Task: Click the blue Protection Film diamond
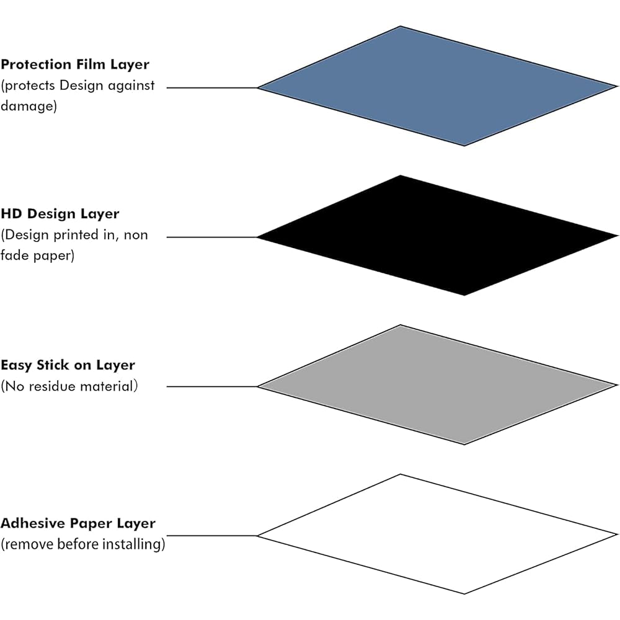(x=437, y=87)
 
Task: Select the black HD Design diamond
(x=437, y=236)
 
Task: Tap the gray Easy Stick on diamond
(x=437, y=385)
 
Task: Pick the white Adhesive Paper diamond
(x=437, y=534)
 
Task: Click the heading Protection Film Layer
(x=75, y=64)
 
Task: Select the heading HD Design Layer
(x=60, y=214)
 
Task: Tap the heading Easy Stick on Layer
(x=68, y=365)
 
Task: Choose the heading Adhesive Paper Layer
(x=78, y=523)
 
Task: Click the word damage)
(x=29, y=106)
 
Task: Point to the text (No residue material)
(x=69, y=386)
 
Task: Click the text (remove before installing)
(x=83, y=545)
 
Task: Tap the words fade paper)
(x=37, y=255)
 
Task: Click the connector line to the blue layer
(x=212, y=87)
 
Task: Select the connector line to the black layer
(x=212, y=237)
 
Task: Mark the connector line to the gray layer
(x=212, y=386)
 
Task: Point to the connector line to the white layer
(x=212, y=536)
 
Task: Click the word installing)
(x=136, y=545)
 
